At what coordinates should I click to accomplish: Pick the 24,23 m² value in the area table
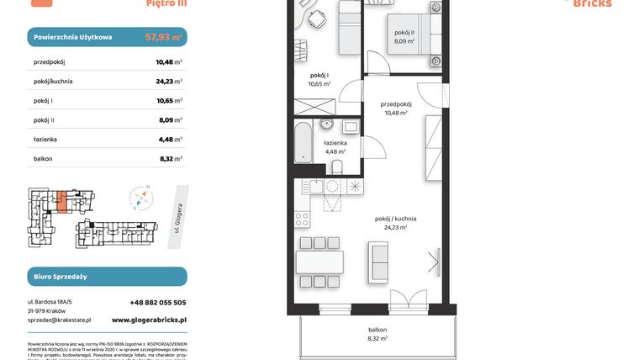169,82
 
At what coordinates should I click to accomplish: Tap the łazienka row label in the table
47,140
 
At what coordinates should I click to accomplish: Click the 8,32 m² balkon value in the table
169,159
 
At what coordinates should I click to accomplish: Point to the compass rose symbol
142,199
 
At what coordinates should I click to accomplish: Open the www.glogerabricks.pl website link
149,320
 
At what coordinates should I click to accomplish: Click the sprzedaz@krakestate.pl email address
59,320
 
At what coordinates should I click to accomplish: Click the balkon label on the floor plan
376,329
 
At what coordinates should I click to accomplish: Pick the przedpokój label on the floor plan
395,105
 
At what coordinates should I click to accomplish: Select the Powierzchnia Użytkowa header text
73,38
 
